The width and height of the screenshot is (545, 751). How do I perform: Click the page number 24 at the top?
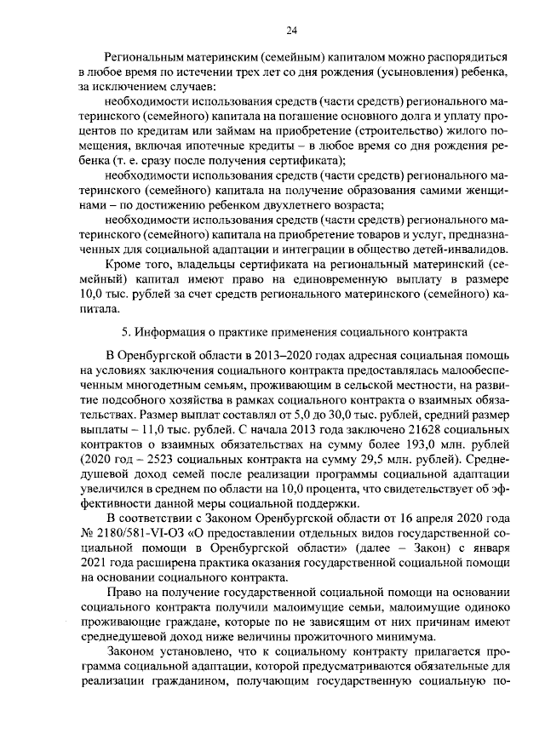(x=290, y=31)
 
